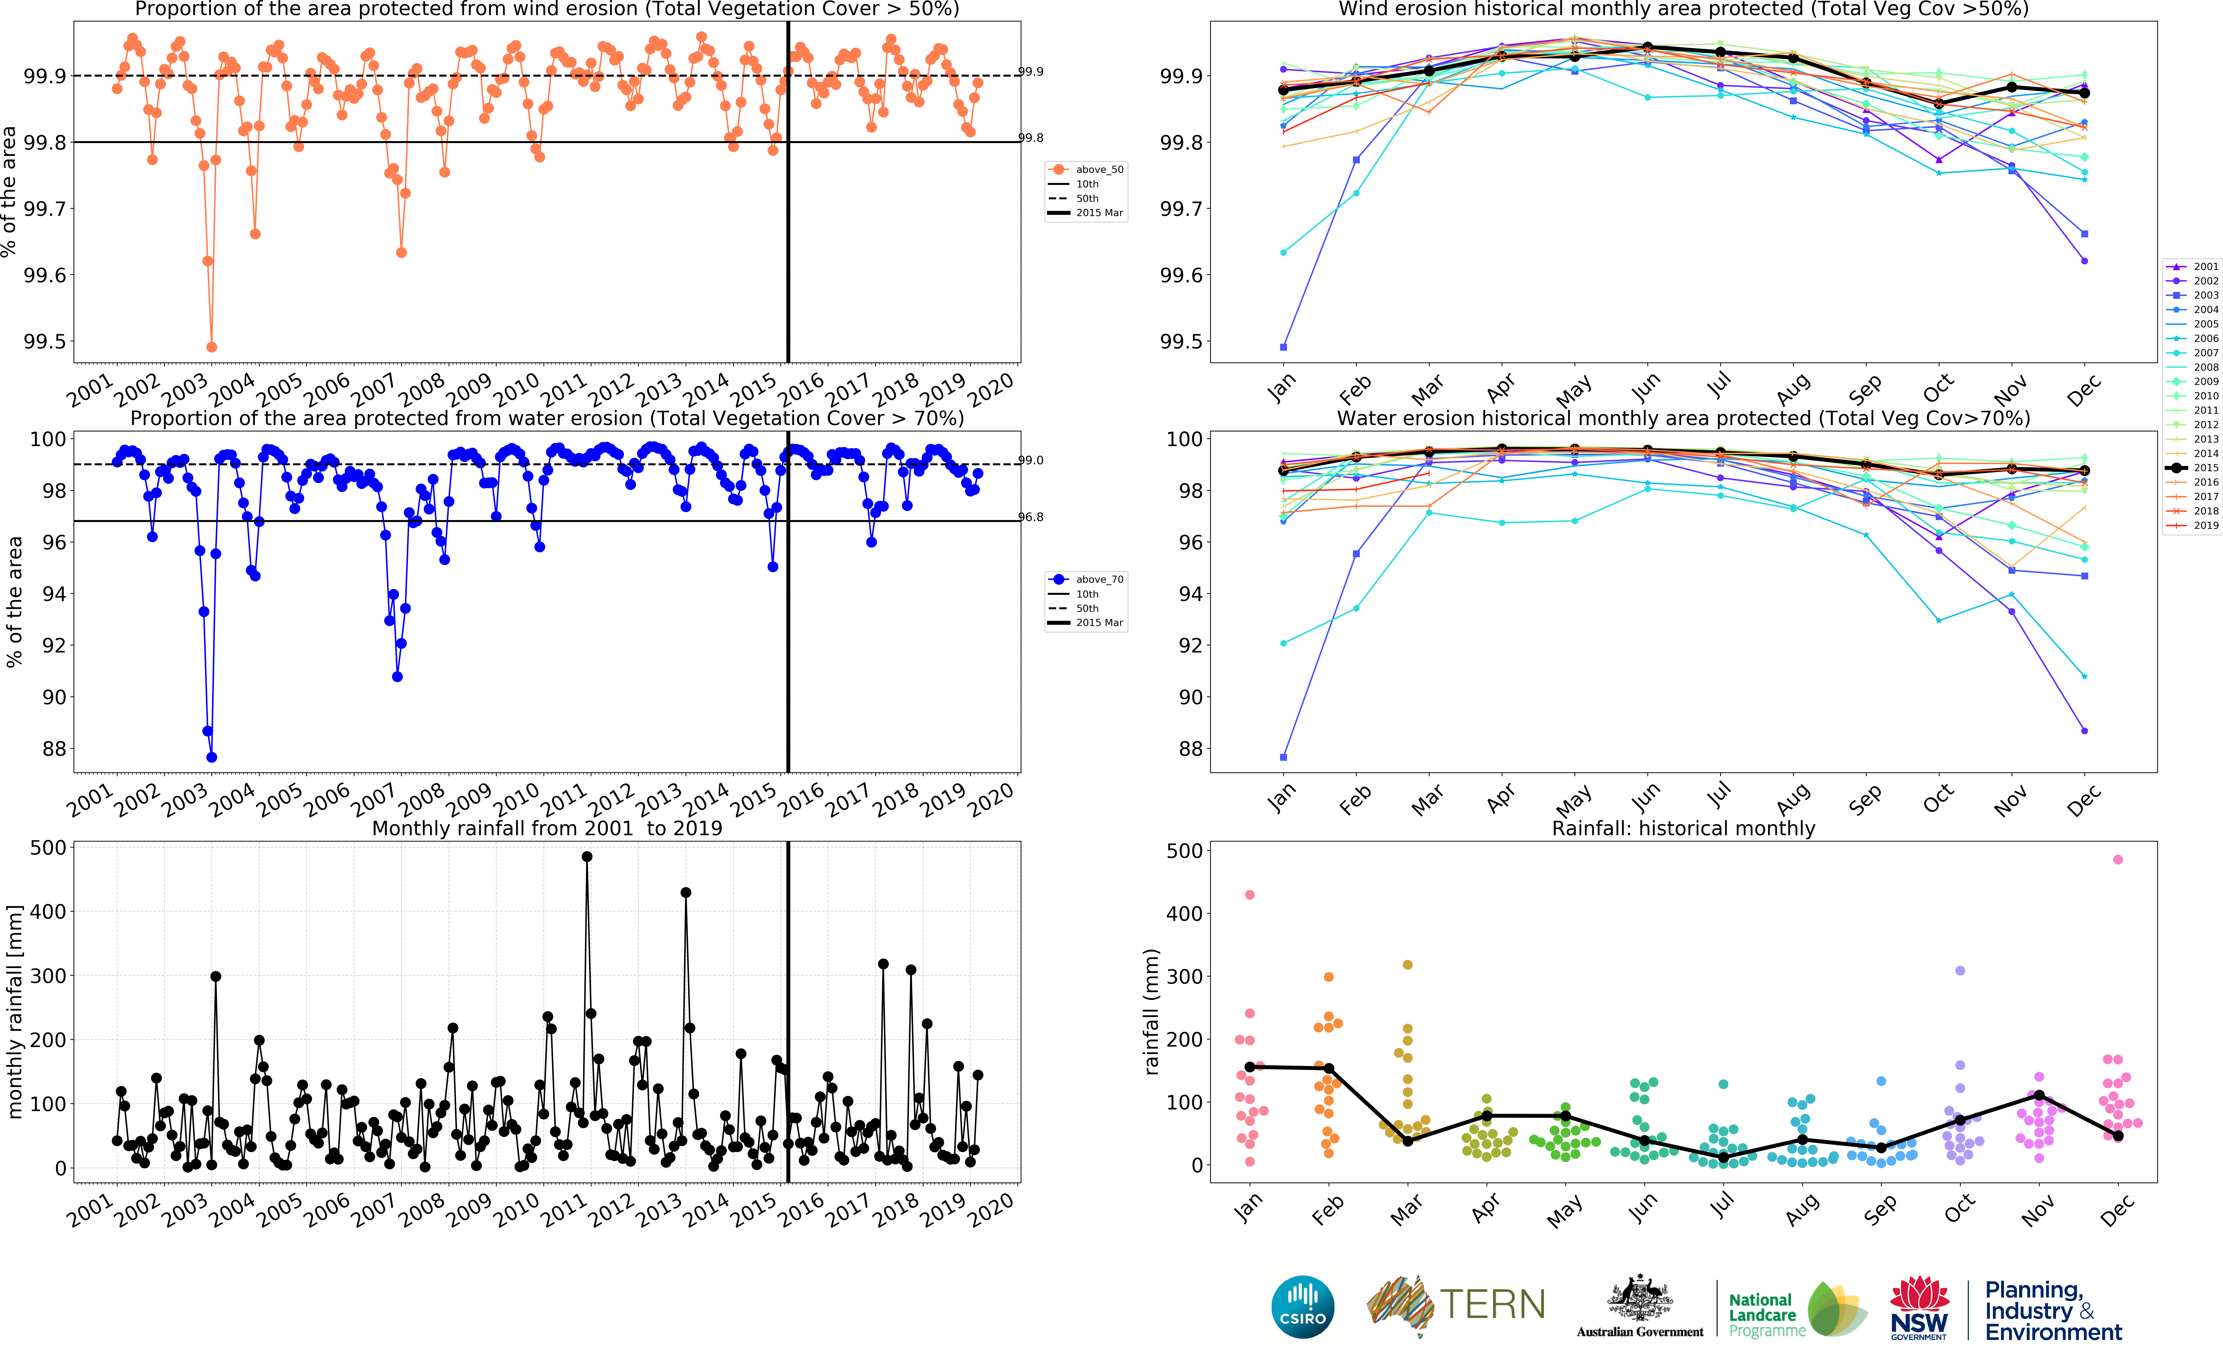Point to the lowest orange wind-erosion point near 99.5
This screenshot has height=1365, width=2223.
tap(211, 347)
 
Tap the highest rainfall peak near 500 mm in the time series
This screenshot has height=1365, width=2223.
tap(587, 857)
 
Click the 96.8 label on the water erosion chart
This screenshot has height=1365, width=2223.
tap(1031, 517)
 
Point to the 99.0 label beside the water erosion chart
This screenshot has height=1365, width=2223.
tap(1031, 461)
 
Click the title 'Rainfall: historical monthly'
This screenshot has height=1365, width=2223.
tap(1683, 828)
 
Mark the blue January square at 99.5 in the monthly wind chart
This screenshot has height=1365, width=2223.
tap(1283, 347)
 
